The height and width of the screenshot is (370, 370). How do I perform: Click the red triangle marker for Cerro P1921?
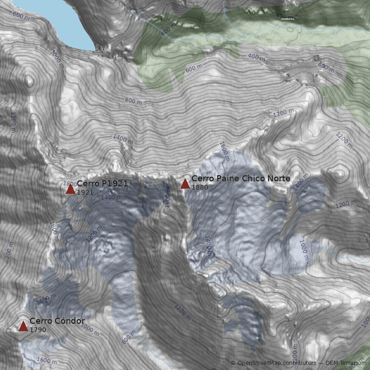pos(70,189)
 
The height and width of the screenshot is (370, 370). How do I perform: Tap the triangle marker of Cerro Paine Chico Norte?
pos(185,184)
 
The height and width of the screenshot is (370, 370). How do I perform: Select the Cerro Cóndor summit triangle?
pos(23,326)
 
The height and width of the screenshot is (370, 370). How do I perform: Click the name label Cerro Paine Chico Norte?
pos(240,179)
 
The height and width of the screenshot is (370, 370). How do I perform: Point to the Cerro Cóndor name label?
pos(57,321)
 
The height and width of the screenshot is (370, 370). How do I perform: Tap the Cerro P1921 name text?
pos(102,184)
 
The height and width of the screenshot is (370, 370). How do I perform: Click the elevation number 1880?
pos(199,187)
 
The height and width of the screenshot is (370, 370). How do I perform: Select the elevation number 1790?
pos(38,330)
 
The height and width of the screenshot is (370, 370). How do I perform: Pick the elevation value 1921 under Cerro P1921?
pos(85,192)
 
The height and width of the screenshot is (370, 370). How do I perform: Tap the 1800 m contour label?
pos(69,184)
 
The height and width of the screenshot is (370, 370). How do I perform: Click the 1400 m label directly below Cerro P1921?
pos(111,197)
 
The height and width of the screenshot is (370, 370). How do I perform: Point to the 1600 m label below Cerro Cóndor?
pos(46,361)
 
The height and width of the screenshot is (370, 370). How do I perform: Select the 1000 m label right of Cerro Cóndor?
pos(90,329)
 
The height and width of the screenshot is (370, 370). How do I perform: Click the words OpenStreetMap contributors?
pos(276,363)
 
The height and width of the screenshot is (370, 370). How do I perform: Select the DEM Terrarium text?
pos(345,363)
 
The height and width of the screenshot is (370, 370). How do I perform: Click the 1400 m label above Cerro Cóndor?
pos(45,300)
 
